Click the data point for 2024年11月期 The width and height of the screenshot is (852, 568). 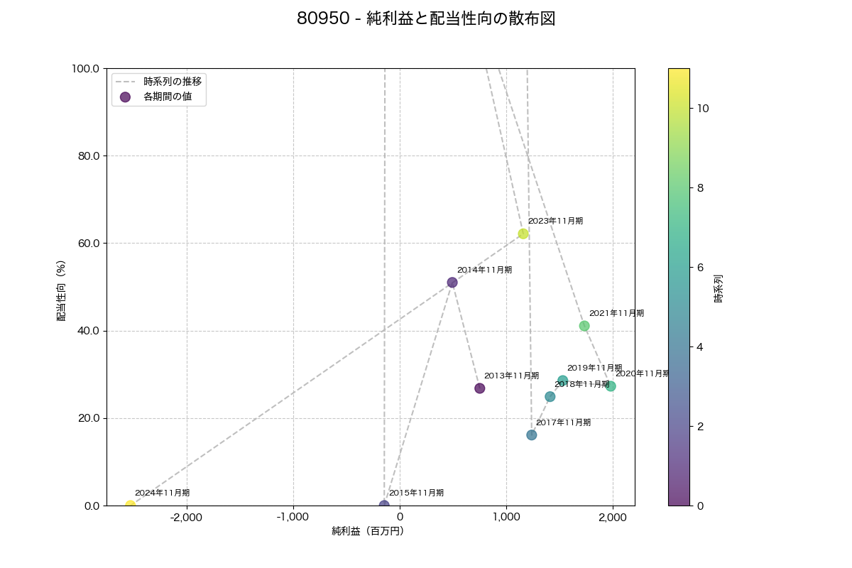tap(130, 505)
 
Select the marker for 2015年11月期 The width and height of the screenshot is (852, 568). tap(384, 505)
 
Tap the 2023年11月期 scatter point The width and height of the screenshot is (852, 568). tap(523, 234)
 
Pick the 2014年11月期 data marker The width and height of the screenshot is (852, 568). tap(452, 283)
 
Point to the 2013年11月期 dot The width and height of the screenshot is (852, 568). tap(480, 388)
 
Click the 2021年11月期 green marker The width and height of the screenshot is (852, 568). tap(584, 326)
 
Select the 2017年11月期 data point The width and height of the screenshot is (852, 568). tap(532, 435)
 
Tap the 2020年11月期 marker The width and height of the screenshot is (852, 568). tap(611, 386)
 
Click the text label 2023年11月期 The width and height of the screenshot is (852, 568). tap(555, 221)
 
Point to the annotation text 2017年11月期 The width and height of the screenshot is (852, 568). tap(563, 422)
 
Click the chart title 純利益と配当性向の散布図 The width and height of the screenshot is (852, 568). tap(426, 19)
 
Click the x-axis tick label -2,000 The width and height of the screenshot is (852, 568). tap(187, 518)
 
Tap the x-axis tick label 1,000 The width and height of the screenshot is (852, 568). tap(506, 518)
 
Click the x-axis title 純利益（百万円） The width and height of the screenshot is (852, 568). tap(368, 531)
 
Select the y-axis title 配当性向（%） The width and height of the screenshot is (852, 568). tap(61, 291)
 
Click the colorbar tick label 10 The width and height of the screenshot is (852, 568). tap(704, 109)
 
